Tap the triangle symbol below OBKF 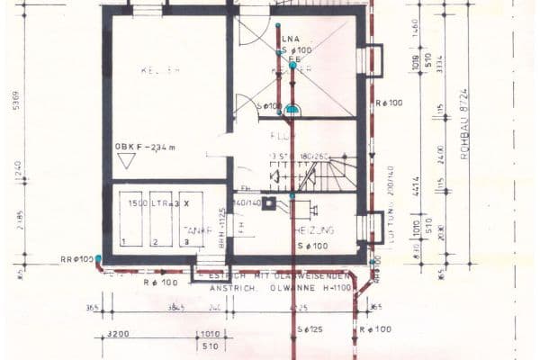(x=126, y=160)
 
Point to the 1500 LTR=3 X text (x=159, y=204)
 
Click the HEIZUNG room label (x=315, y=230)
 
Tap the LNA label (x=290, y=40)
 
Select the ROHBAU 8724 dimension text (x=465, y=135)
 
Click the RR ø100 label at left (x=76, y=259)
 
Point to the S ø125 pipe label (x=310, y=331)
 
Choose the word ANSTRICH (x=233, y=288)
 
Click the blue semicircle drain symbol (x=292, y=109)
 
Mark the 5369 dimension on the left (x=15, y=103)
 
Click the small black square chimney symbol (x=268, y=202)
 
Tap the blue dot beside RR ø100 (x=98, y=259)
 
